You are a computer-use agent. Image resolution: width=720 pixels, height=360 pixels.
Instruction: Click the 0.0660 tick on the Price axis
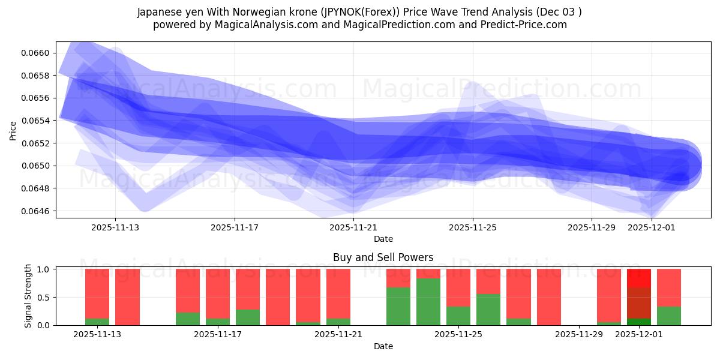tap(37, 53)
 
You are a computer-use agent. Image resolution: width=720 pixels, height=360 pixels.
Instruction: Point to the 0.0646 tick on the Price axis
tap(37, 211)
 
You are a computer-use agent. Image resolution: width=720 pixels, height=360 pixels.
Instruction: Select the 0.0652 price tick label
tap(37, 143)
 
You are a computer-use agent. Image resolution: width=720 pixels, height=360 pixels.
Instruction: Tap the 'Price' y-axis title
tap(13, 130)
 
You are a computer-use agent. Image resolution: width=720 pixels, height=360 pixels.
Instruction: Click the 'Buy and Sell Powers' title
tap(383, 257)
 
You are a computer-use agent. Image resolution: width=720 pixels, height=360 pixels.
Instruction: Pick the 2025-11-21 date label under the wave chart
tap(353, 227)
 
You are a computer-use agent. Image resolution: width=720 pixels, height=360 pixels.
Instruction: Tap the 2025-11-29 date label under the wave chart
tap(592, 227)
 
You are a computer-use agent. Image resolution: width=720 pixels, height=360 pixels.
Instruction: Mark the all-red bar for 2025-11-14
tap(127, 297)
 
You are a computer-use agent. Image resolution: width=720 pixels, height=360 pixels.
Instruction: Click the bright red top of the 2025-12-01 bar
tap(638, 278)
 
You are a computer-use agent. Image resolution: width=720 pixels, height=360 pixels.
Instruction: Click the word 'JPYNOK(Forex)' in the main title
tap(367, 12)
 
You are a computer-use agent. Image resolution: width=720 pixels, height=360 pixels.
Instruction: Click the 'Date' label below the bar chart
tap(383, 346)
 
